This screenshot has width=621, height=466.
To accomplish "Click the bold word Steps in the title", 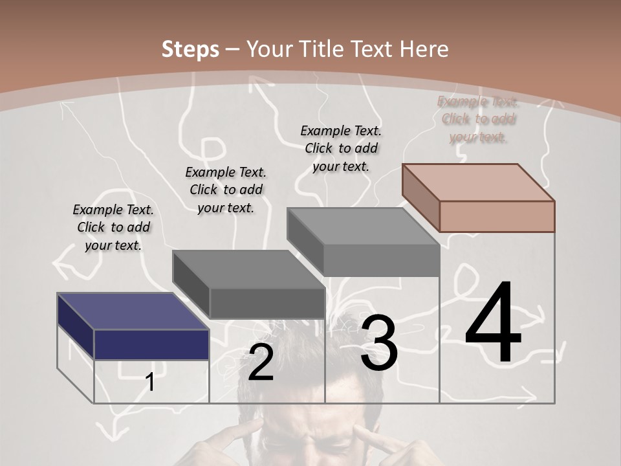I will [x=190, y=49].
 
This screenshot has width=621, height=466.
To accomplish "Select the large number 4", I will [x=493, y=324].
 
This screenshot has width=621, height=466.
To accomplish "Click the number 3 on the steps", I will [x=378, y=343].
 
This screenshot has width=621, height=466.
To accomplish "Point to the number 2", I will [x=261, y=362].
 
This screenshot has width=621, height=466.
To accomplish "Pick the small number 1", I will [x=150, y=382].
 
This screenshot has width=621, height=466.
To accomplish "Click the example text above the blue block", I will [x=113, y=227].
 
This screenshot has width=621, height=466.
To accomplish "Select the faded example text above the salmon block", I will [x=478, y=119].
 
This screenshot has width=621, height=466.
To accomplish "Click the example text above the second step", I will [x=226, y=190].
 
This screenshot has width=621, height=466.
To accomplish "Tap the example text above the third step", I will [x=341, y=148].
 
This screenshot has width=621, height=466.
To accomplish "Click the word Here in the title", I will [x=424, y=49].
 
